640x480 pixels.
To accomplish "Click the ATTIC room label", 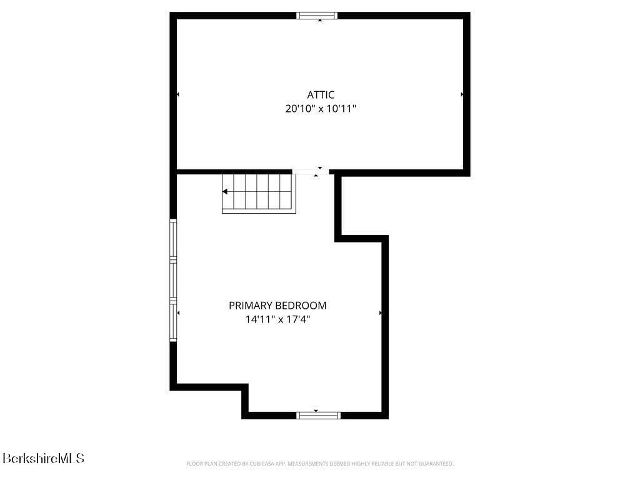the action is click(321, 95).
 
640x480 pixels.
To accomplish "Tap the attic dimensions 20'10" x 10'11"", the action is click(321, 109).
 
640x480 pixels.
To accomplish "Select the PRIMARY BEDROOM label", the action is click(277, 305).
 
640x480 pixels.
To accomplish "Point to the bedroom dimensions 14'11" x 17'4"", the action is click(277, 319).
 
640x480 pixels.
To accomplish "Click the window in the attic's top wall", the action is click(317, 16).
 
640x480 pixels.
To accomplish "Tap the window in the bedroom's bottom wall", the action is click(318, 416).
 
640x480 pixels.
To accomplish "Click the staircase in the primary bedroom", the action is click(259, 194).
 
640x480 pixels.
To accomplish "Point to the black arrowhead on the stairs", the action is click(225, 191).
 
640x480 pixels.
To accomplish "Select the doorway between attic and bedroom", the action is click(311, 172).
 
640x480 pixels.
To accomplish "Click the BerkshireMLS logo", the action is click(43, 458).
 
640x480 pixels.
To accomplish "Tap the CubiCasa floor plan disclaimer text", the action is click(319, 464).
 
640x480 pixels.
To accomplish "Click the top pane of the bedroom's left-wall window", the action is click(174, 239).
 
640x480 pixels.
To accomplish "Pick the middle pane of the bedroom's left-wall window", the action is click(174, 280).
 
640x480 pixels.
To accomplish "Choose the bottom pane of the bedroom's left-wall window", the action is click(174, 321).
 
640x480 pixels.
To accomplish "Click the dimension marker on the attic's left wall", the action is click(178, 94).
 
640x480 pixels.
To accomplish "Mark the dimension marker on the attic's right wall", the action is click(462, 94).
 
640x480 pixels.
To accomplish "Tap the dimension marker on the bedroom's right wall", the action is click(381, 313).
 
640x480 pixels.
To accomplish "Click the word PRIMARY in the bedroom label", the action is click(251, 305).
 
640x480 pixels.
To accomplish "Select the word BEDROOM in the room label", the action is click(301, 305).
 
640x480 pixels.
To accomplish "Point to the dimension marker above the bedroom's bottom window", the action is click(316, 411).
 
